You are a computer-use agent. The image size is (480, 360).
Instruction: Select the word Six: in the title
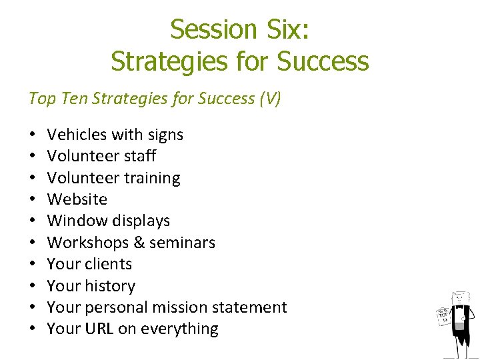[285, 29]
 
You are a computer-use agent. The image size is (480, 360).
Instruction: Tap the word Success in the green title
[323, 61]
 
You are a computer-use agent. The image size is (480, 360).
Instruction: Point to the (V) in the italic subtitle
[270, 99]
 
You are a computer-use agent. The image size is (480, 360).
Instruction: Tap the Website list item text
[77, 199]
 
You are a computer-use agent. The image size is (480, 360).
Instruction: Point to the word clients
[108, 264]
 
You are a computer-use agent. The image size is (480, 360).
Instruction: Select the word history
[109, 286]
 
